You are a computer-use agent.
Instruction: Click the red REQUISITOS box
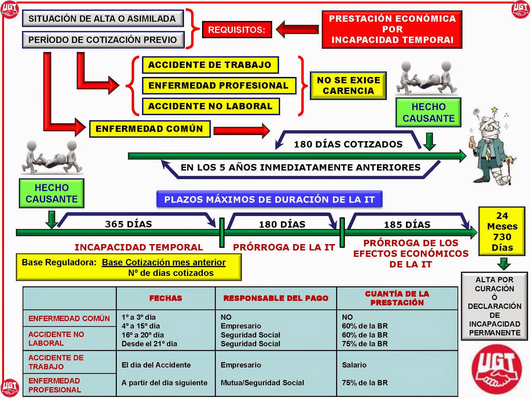[x=237, y=30]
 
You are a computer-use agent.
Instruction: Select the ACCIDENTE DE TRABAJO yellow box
[x=210, y=65]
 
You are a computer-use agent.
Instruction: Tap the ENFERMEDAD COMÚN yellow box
[x=150, y=129]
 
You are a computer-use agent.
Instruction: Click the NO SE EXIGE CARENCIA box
[x=348, y=86]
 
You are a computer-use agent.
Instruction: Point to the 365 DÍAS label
[x=128, y=224]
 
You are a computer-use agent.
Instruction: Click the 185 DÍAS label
[x=407, y=225]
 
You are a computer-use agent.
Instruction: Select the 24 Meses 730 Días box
[x=502, y=232]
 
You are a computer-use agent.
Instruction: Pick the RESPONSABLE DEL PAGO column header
[x=276, y=298]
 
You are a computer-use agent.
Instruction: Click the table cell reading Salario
[x=354, y=365]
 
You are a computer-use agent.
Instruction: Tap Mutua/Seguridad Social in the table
[x=262, y=383]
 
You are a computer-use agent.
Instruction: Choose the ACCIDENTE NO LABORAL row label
[x=56, y=339]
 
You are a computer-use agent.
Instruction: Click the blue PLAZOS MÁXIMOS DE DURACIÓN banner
[x=269, y=199]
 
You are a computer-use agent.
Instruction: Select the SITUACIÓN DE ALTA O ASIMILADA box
[x=103, y=19]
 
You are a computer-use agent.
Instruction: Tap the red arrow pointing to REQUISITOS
[x=297, y=30]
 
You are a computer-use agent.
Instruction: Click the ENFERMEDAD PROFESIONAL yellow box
[x=219, y=86]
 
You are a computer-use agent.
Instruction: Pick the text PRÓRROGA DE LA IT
[x=284, y=247]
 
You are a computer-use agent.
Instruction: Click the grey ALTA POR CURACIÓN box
[x=494, y=306]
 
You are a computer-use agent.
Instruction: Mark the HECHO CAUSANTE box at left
[x=52, y=193]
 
